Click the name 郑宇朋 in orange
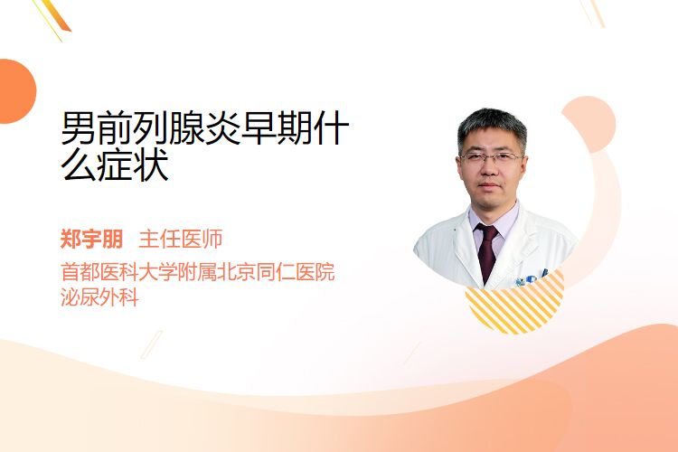91,239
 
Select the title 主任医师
181,239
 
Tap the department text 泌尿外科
99,297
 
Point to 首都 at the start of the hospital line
80,272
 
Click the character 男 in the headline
79,128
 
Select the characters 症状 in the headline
133,165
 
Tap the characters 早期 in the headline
277,128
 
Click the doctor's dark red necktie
487,251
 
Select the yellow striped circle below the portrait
514,303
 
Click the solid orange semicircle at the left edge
16,91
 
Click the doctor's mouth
489,184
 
